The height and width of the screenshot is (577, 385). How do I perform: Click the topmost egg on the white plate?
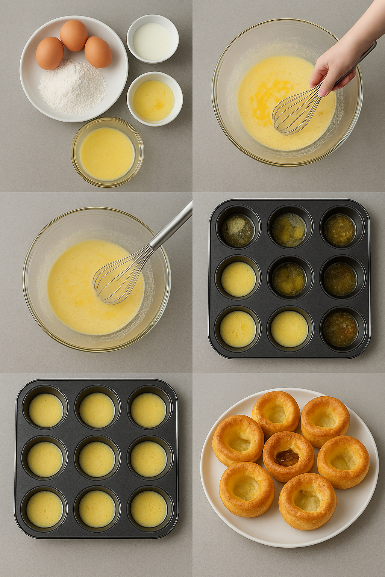coord(74,35)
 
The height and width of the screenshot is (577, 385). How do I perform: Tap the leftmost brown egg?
coord(50,53)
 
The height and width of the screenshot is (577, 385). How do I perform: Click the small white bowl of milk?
coord(152,39)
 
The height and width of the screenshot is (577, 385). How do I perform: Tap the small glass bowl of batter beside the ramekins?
coord(108,152)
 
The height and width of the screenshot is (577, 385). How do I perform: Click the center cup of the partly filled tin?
coord(289,279)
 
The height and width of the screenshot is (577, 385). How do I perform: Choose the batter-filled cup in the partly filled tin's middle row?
coord(238,279)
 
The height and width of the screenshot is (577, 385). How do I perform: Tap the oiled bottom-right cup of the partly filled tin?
coord(341,329)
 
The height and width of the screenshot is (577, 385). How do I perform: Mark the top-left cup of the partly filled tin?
coord(238,230)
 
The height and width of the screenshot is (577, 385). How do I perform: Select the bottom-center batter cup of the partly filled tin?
coord(289,329)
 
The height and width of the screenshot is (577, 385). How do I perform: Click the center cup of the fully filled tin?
coord(97,459)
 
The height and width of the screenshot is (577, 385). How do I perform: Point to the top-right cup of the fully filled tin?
coord(149,410)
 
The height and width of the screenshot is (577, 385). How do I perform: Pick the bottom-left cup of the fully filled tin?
coord(45,509)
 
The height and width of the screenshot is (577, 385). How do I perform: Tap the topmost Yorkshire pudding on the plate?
coord(276,413)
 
